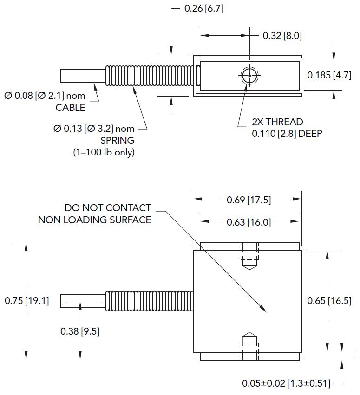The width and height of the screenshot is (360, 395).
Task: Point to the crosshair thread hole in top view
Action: point(250,76)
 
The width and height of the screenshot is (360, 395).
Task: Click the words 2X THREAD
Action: point(277,122)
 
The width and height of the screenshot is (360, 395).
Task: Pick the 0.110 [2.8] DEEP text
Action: point(287,134)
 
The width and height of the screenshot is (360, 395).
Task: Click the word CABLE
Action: point(70,108)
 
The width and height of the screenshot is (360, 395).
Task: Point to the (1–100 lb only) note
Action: point(104,152)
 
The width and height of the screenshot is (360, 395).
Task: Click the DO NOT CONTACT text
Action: point(108,207)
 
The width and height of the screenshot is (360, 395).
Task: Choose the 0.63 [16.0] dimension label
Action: point(249,222)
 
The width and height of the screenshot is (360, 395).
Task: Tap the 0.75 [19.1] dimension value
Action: point(26,300)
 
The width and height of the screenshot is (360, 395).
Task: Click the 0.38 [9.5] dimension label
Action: point(80,331)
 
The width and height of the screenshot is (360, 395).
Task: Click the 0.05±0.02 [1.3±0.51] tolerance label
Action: point(286,383)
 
